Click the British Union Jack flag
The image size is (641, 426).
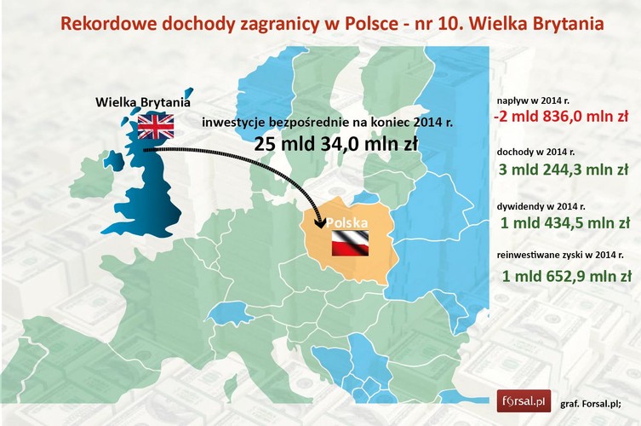coord(156,127)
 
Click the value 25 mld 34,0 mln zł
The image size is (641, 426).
coord(335,144)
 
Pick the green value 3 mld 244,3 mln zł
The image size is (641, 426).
coord(563,170)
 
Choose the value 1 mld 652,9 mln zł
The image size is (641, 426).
coord(565,275)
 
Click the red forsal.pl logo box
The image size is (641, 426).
coord(524,400)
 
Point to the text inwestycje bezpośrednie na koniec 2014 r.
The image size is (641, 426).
coord(328,123)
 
